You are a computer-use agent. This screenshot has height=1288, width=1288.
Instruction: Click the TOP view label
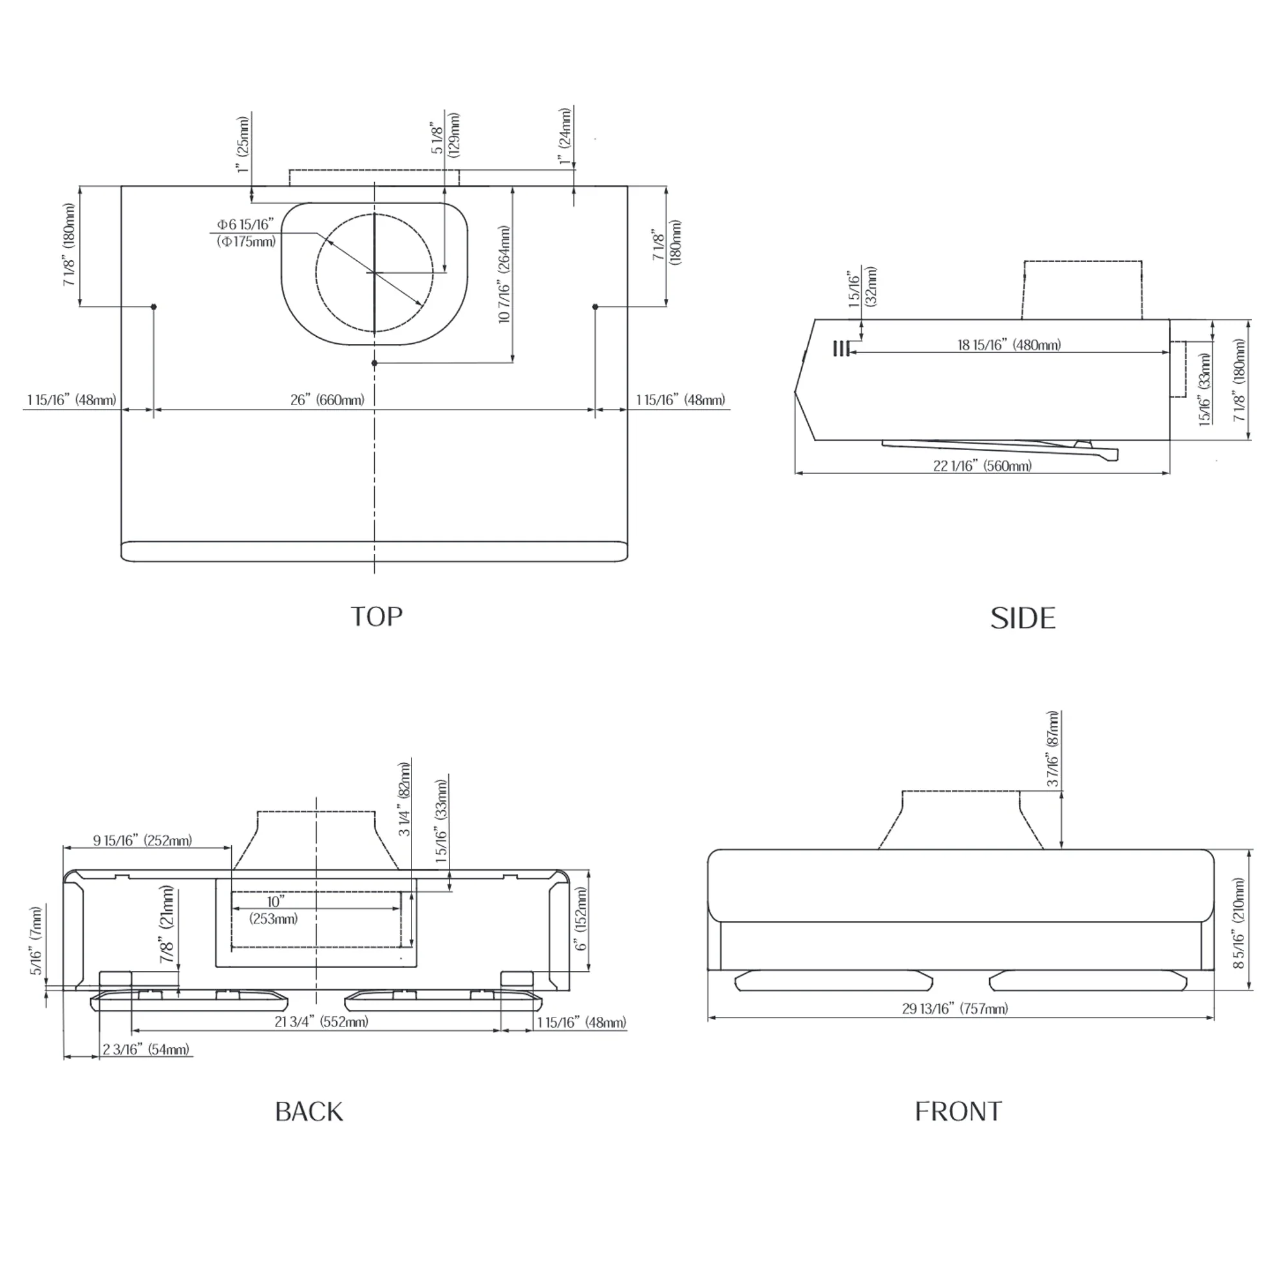377,617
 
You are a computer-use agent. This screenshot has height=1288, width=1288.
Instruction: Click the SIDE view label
1023,619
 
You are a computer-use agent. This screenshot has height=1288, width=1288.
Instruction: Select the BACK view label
309,1112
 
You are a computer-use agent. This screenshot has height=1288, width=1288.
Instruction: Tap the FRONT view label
958,1112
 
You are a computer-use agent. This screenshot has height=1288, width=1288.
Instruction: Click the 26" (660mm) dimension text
327,400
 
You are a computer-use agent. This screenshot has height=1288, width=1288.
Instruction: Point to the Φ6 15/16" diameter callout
246,232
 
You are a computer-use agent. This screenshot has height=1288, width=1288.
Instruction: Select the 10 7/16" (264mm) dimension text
505,274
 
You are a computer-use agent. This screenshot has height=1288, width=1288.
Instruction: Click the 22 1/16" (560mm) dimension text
982,466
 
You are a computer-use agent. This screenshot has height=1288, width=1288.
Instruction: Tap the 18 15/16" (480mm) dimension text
1009,345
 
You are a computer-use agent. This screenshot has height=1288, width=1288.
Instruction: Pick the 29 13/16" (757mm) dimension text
954,1009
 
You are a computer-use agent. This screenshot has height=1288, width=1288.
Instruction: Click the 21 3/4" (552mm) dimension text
321,1021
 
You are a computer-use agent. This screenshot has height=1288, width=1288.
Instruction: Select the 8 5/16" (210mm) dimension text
1238,923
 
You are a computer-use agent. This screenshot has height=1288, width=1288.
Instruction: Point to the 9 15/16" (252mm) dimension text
143,840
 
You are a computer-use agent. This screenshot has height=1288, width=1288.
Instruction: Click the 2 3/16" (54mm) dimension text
146,1049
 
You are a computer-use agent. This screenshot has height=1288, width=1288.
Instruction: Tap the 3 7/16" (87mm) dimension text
1053,750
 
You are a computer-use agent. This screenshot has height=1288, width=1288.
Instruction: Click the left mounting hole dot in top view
154,307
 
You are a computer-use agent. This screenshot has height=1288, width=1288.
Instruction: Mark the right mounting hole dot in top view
595,307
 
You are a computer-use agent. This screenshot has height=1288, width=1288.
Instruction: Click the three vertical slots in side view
840,348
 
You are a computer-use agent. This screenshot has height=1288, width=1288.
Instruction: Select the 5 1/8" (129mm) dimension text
447,135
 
